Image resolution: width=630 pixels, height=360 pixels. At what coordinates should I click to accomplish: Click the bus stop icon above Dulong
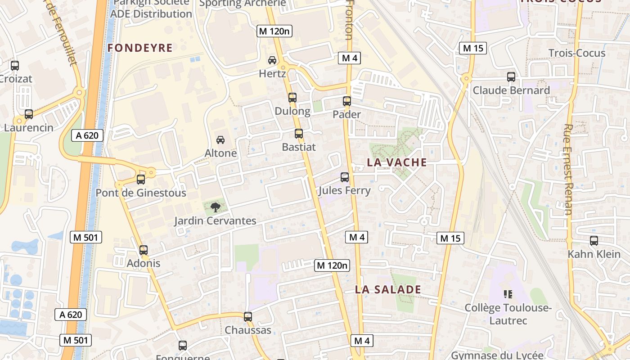click(x=292, y=97)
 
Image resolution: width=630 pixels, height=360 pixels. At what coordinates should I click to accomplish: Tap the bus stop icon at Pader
click(x=346, y=101)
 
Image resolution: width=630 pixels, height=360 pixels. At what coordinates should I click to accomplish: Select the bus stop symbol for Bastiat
click(x=298, y=133)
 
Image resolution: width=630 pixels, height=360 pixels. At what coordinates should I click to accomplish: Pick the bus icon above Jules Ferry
click(x=345, y=177)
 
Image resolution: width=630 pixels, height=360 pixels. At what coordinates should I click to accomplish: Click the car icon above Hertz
click(x=272, y=60)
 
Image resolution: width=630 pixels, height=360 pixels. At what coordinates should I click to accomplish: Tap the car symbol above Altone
click(x=220, y=139)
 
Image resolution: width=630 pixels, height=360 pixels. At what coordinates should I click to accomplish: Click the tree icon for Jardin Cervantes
click(x=215, y=207)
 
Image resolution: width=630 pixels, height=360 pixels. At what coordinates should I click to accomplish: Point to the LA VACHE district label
click(x=397, y=162)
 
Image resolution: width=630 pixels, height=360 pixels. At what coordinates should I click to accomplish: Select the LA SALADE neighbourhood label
click(x=388, y=289)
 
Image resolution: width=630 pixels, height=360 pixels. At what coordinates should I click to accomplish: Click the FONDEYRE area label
click(x=140, y=48)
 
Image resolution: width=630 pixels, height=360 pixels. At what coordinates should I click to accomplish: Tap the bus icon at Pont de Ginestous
click(x=141, y=179)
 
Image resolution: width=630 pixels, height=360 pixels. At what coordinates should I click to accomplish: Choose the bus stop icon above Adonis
click(x=144, y=250)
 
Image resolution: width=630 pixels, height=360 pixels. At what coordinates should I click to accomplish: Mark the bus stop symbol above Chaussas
click(x=247, y=316)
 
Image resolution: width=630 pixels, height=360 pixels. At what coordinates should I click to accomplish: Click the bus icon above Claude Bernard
click(x=511, y=76)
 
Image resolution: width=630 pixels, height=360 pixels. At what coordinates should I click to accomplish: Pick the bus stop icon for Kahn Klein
click(x=594, y=240)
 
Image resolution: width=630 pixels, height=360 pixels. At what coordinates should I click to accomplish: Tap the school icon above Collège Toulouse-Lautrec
click(x=508, y=294)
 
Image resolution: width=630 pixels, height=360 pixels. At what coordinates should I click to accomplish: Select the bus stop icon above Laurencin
click(x=29, y=114)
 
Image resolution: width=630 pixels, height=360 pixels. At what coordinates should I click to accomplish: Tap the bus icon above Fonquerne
click(x=182, y=345)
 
